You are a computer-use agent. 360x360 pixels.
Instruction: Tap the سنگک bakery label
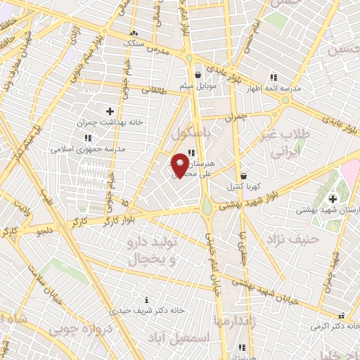tap(134, 43)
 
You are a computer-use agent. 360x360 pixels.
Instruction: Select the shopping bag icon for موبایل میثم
tap(199, 75)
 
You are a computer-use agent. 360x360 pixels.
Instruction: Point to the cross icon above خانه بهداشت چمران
tap(110, 110)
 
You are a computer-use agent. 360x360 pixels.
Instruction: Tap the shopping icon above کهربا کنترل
tap(243, 176)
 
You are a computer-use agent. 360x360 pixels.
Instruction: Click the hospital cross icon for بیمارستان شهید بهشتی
tap(333, 199)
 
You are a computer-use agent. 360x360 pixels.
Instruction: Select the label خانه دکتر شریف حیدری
tap(146, 310)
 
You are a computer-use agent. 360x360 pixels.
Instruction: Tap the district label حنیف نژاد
tap(292, 240)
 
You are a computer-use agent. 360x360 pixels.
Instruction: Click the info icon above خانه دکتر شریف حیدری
tap(146, 300)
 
